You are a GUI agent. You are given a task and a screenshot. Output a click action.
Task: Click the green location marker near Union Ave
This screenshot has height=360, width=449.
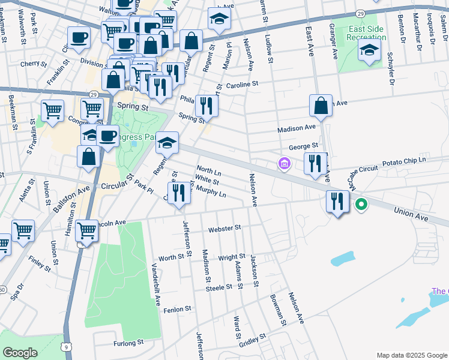click(361, 205)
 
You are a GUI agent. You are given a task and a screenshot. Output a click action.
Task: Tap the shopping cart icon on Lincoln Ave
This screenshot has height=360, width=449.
click(87, 230)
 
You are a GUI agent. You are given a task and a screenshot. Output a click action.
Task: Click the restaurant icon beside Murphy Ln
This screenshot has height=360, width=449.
click(178, 193)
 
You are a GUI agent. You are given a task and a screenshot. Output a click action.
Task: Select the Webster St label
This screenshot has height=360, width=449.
click(224, 229)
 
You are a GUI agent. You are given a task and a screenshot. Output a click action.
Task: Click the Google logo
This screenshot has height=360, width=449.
click(20, 352)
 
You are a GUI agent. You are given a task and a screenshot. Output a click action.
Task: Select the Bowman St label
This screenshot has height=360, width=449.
click(277, 312)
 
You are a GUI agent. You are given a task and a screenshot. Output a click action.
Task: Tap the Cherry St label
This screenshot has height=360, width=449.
click(28, 64)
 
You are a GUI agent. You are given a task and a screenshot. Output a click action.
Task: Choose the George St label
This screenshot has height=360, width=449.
click(303, 146)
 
